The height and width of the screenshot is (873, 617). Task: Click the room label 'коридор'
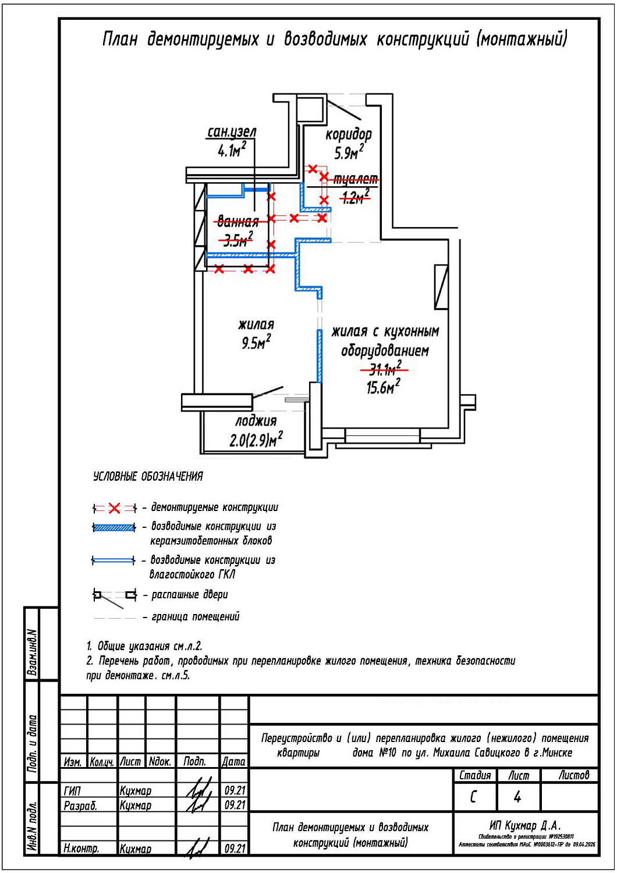coord(348,134)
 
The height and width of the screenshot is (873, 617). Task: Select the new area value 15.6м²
coord(382,387)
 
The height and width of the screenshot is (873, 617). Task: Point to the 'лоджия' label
coord(256,421)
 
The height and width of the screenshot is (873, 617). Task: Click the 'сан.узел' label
coord(232,133)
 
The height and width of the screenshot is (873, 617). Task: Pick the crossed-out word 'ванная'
coord(237,222)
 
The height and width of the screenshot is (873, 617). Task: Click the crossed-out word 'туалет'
coord(355,179)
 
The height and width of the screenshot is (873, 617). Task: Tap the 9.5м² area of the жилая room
coord(256,343)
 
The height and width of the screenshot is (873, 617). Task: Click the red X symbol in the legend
coord(114,509)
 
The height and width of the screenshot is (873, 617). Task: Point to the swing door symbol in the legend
coord(115,596)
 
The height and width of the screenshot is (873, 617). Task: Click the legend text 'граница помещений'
coord(196,617)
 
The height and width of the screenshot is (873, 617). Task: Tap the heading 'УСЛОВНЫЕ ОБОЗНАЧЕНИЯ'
coord(148,477)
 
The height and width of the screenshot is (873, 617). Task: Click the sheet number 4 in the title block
coord(517,797)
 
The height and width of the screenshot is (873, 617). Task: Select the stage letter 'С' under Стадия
coord(474,797)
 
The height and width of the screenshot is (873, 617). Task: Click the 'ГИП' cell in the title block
coord(72,791)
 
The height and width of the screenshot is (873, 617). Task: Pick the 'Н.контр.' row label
coord(81,849)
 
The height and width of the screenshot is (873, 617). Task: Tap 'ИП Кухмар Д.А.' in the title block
coord(524,825)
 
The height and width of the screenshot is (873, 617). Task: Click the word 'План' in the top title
coord(120,39)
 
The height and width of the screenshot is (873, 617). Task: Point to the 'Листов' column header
coord(573,775)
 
